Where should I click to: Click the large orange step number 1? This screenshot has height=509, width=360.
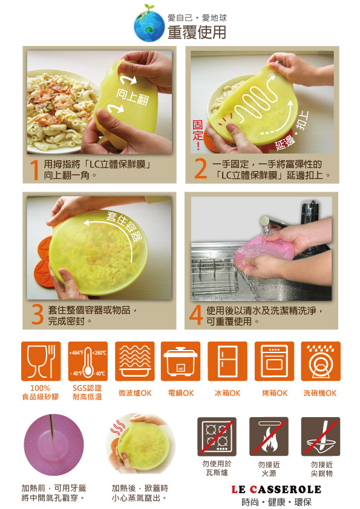tap(34, 170)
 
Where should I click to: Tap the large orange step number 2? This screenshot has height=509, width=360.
tap(200, 169)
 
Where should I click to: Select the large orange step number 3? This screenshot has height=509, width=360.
tap(38, 315)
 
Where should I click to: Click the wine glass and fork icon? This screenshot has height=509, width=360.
tap(41, 361)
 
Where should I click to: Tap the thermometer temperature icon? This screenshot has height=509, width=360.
tap(88, 361)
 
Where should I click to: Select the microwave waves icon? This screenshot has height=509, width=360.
tap(135, 361)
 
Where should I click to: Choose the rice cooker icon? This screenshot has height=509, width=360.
tap(181, 361)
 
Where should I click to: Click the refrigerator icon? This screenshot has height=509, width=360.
tap(227, 361)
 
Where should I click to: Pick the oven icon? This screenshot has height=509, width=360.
tap(274, 361)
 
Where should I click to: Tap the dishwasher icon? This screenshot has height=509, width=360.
tap(321, 361)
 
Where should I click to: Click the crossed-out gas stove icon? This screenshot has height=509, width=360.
tap(217, 436)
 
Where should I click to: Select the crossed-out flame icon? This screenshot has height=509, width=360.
tap(269, 436)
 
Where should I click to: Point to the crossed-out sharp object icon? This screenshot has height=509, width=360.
tap(321, 436)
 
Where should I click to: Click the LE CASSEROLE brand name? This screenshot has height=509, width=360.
tap(276, 489)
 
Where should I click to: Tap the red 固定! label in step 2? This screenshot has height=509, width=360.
tap(198, 135)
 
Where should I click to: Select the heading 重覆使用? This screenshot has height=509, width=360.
tap(197, 32)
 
